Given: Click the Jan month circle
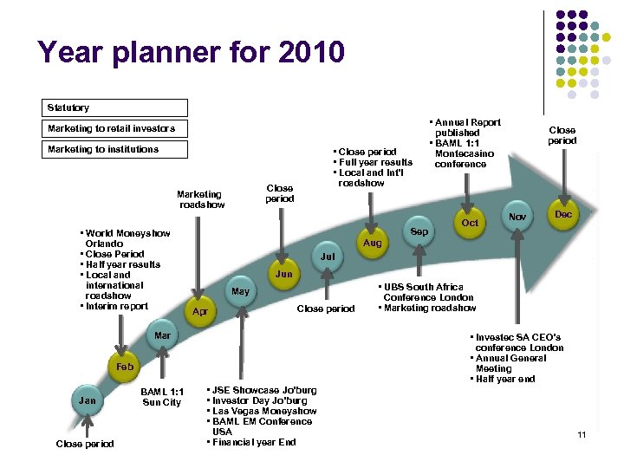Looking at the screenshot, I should point(88,400).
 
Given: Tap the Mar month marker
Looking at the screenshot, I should point(162,335).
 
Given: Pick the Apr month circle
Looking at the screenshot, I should point(200,311).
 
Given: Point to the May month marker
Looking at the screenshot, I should point(240,291).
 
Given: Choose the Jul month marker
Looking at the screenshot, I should point(327,257).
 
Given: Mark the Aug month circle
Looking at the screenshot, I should point(372,244).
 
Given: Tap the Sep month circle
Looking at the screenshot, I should point(419,232).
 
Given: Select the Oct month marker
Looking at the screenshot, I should point(470,223).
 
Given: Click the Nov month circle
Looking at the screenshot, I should point(518,217).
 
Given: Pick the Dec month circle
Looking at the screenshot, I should point(563,214).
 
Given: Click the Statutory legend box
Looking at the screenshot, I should point(116,107).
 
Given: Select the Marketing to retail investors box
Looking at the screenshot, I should point(116,128).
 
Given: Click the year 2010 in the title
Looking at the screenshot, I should point(311,52).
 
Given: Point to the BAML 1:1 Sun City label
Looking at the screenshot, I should point(161,397).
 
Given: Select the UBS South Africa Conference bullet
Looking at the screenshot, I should point(425,287).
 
